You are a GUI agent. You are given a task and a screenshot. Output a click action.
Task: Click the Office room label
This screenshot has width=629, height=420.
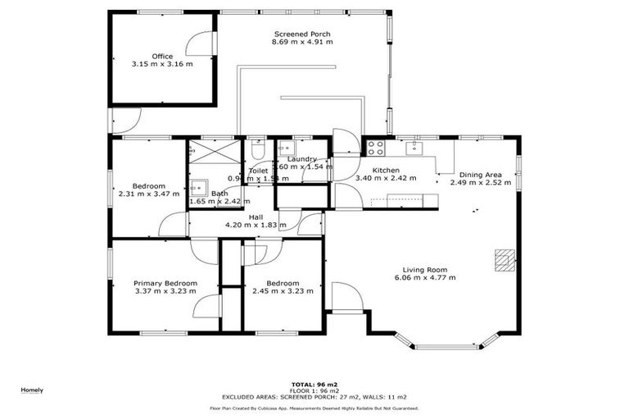coord(162,56)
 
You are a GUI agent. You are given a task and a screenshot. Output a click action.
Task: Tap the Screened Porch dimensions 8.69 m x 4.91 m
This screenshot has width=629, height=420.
coord(302,41)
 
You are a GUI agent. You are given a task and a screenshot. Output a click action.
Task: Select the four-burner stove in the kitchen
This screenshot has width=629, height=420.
coord(375,148)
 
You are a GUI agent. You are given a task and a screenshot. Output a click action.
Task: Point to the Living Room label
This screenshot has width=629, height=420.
coord(424,270)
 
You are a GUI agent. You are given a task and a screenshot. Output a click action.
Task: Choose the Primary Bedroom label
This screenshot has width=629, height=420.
coord(165,283)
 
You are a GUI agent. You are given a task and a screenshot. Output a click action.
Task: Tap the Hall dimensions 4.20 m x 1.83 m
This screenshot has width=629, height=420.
coord(256,225)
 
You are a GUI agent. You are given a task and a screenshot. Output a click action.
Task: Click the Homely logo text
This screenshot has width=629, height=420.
coord(32,390)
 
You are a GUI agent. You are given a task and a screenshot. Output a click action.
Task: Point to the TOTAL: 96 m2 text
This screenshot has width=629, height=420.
coord(314,384)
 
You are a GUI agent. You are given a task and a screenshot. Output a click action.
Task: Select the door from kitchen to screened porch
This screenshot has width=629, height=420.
coord(345,142)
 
